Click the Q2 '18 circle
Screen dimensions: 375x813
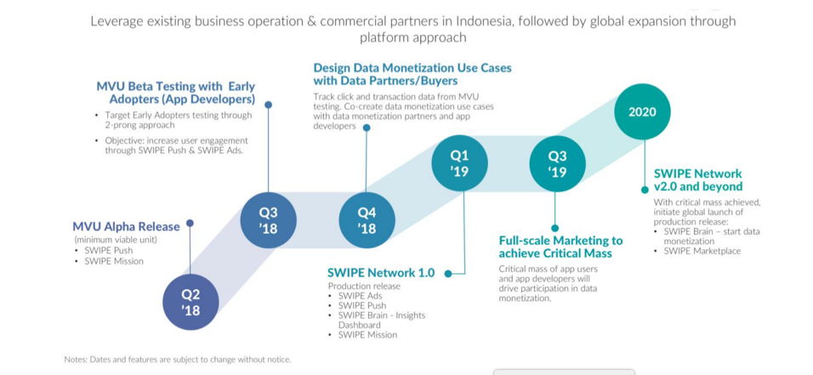(190, 302)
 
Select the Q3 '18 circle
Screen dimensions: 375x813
(268, 221)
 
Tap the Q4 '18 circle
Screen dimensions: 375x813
(367, 221)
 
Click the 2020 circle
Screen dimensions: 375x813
(642, 111)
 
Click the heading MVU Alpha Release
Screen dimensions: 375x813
(126, 226)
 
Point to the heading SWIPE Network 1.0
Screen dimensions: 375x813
(381, 273)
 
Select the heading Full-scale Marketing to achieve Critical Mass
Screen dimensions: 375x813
(560, 247)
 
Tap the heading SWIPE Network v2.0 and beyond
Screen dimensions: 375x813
(697, 179)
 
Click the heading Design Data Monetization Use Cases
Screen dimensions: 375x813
(412, 74)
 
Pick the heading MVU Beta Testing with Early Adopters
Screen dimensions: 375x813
(175, 93)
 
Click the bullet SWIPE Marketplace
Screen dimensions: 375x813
(702, 251)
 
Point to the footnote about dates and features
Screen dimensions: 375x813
(177, 360)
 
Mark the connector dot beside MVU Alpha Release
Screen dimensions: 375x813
(190, 224)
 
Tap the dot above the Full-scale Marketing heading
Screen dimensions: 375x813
(555, 228)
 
